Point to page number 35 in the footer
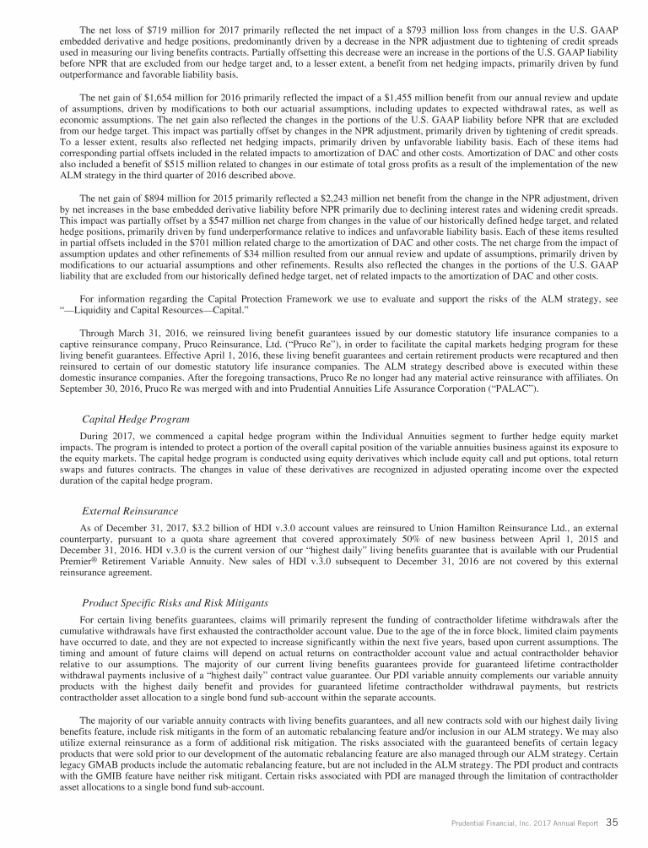coord(613,818)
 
